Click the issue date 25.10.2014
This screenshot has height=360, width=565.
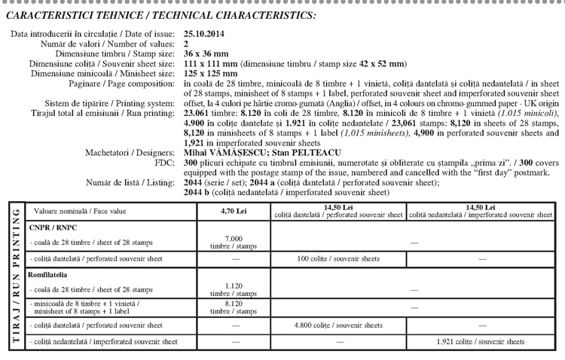(x=203, y=35)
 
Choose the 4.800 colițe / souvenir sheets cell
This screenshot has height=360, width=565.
(x=337, y=325)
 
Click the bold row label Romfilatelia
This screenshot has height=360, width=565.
(x=48, y=276)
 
